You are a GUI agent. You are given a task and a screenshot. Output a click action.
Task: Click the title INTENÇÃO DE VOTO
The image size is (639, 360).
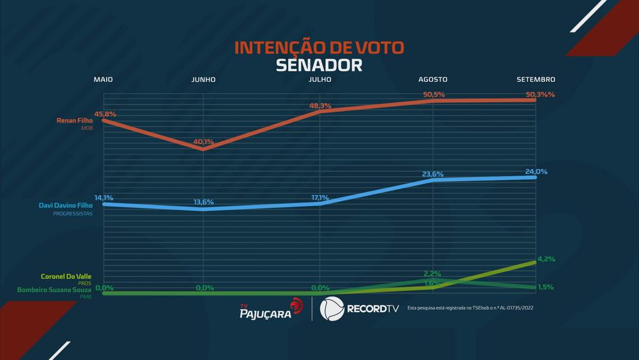(319, 49)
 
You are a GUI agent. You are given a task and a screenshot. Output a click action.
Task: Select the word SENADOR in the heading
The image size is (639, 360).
(319, 65)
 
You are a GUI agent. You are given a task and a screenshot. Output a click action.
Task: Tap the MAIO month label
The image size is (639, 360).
(103, 79)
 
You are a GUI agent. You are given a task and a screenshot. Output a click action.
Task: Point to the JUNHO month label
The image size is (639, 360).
(203, 79)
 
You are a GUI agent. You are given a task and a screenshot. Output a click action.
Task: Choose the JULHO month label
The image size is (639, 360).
(319, 79)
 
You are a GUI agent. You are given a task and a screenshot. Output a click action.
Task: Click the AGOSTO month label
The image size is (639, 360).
(433, 79)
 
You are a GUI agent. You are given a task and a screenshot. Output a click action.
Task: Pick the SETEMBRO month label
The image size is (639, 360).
(535, 79)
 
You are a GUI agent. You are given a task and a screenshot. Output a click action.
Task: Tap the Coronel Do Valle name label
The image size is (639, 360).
(66, 276)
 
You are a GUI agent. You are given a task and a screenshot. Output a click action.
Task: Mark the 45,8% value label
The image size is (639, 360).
(105, 114)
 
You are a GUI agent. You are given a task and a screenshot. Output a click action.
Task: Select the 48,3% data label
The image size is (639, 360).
(321, 106)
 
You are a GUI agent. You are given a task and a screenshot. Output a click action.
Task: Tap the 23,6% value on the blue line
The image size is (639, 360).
(433, 174)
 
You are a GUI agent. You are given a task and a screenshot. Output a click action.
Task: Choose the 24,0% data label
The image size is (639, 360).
(536, 172)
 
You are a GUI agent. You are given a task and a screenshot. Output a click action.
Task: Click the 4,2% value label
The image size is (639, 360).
(546, 259)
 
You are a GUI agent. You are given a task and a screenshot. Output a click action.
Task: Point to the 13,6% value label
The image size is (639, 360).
(204, 202)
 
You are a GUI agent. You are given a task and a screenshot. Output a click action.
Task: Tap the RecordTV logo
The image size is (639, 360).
(358, 308)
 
